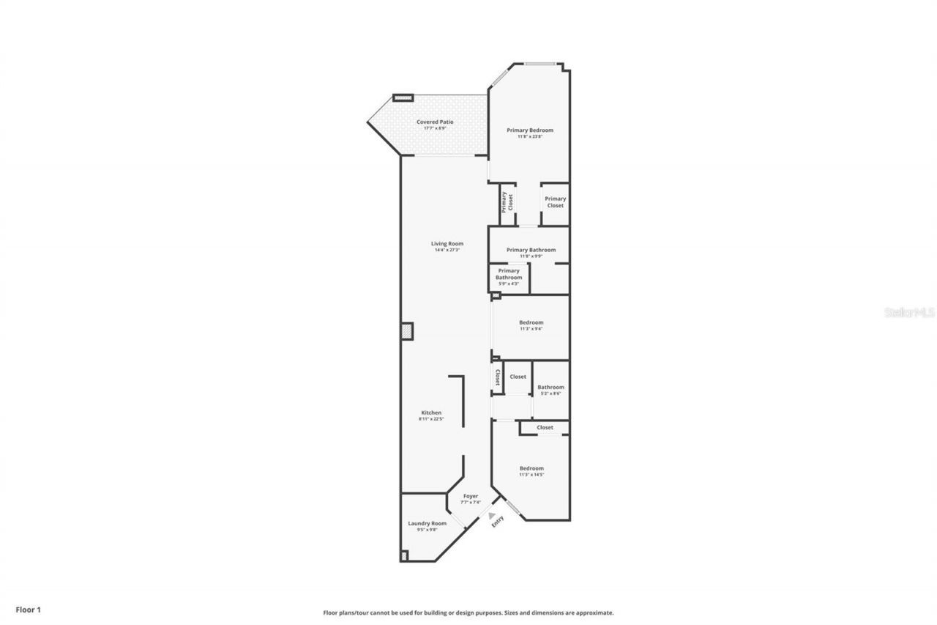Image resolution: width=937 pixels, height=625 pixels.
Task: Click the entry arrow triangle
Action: click(492, 516)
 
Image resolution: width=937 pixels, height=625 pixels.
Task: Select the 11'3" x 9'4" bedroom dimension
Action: click(531, 329)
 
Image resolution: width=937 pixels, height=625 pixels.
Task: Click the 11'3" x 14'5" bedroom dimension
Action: click(531, 475)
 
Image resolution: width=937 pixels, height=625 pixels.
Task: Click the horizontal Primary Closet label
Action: click(555, 202)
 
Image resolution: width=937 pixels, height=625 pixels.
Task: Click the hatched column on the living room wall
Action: click(407, 332)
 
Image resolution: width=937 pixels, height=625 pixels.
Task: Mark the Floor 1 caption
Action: click(29, 609)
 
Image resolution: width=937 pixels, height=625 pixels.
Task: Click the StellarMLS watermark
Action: click(909, 312)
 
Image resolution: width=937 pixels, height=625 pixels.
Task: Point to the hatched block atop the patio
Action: click(403, 97)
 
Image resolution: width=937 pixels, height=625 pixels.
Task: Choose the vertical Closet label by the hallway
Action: click(498, 377)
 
